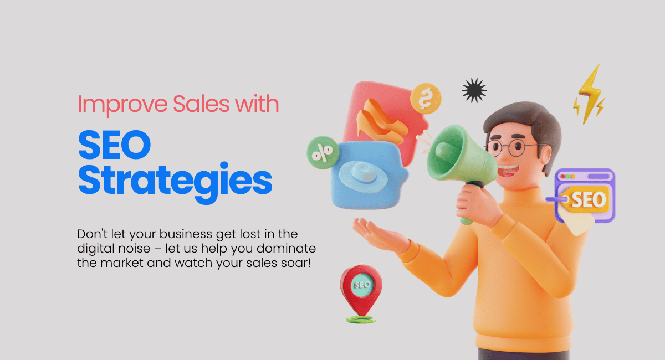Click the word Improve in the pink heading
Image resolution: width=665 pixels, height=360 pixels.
pos(122,105)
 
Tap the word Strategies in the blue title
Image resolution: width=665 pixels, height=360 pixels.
pos(175,182)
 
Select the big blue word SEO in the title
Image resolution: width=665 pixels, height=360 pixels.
pos(115,145)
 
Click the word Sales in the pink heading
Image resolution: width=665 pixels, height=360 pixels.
pos(201,104)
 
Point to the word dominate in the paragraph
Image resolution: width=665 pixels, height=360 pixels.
pos(286,249)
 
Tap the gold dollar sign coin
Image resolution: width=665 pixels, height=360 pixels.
pos(426,99)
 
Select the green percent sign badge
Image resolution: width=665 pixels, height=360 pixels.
pos(323,152)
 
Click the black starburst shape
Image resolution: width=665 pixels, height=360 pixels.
pos(474,90)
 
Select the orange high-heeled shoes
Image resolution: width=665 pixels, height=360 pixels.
pos(381,122)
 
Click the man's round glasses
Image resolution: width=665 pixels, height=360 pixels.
pos(510,148)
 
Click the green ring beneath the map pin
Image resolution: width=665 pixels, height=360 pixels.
pos(361,320)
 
